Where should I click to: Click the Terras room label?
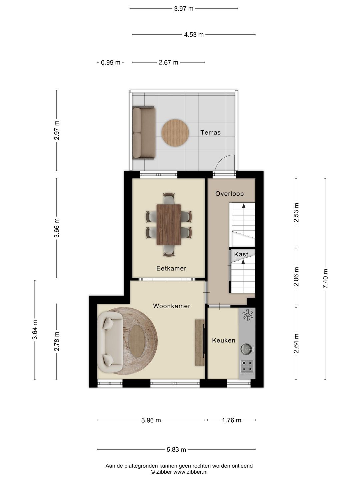point(210,132)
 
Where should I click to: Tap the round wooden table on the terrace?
point(175,133)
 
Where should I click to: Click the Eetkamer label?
point(171,268)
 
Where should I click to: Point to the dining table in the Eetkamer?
point(169,225)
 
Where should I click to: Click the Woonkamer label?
point(172,306)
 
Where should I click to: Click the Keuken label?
point(224,340)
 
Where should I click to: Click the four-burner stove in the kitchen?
point(247,367)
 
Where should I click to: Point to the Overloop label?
point(230,194)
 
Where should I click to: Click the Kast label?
point(241,254)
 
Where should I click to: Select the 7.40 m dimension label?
point(325,279)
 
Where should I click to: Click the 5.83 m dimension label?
point(176,450)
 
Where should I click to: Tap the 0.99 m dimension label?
point(111,63)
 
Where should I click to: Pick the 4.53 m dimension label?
point(194,35)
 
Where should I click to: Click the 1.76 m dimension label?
point(232,420)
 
